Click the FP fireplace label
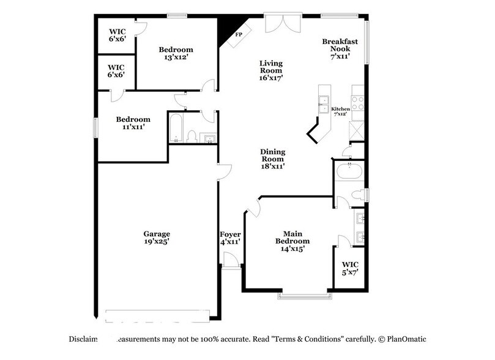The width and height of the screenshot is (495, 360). pos(237,35)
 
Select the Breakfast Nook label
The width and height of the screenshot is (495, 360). pos(340,47)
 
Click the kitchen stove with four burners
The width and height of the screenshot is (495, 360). pos(357,103)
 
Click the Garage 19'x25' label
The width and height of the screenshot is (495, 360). pos(157,238)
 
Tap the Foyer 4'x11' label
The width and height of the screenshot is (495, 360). pos(230,238)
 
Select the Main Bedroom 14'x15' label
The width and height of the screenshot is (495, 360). pos(292,241)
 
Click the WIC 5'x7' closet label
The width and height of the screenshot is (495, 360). pos(351,269)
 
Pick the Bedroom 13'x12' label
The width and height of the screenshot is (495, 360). pos(176,53)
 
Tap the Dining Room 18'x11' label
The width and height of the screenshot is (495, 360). pos(273,159)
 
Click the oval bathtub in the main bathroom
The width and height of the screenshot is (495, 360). pos(349,171)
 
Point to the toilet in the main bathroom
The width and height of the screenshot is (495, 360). pos(357,195)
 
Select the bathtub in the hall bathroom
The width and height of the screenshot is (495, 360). pos(176,127)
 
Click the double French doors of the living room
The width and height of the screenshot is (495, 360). pos(283,23)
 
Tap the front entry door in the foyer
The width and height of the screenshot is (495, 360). pos(231,262)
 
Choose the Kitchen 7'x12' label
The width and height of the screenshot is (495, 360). pos(340,111)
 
